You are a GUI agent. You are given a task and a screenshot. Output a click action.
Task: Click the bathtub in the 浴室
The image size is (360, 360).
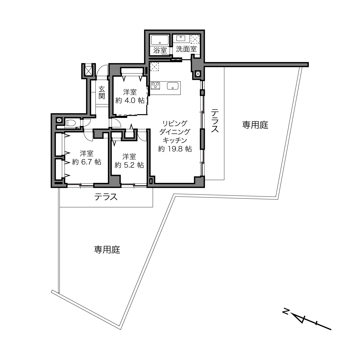coord(160,40)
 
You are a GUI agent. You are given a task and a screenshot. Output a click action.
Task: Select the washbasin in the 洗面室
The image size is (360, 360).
coord(181,38)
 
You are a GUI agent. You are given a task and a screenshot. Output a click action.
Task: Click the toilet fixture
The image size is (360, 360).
coord(71,123)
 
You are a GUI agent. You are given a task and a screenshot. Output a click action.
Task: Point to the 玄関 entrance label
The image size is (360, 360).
coord(102,93)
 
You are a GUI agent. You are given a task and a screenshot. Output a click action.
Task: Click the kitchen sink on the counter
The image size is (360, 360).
coord(173,86)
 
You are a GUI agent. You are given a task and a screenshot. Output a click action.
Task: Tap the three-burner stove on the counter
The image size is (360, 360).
coord(156,86)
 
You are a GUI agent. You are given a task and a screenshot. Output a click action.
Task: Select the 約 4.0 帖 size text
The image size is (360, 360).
coord(130,101)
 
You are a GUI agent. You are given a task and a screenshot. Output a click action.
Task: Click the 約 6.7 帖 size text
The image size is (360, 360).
coord(87,162)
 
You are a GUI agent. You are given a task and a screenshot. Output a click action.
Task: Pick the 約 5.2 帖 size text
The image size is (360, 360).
coord(129,165)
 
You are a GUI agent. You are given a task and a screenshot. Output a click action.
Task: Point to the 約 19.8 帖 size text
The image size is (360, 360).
coord(175,149)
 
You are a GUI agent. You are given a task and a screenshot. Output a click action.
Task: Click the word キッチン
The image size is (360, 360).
coord(175,140)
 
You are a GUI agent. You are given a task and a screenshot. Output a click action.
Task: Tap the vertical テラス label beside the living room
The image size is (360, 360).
coord(215,121)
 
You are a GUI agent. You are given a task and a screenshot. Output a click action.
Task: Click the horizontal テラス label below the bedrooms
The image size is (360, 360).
coord(106,197)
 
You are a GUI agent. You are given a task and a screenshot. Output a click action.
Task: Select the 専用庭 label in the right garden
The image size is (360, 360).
coord(255,125)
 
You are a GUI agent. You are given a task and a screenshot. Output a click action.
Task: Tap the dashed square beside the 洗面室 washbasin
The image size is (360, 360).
coord(195,39)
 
